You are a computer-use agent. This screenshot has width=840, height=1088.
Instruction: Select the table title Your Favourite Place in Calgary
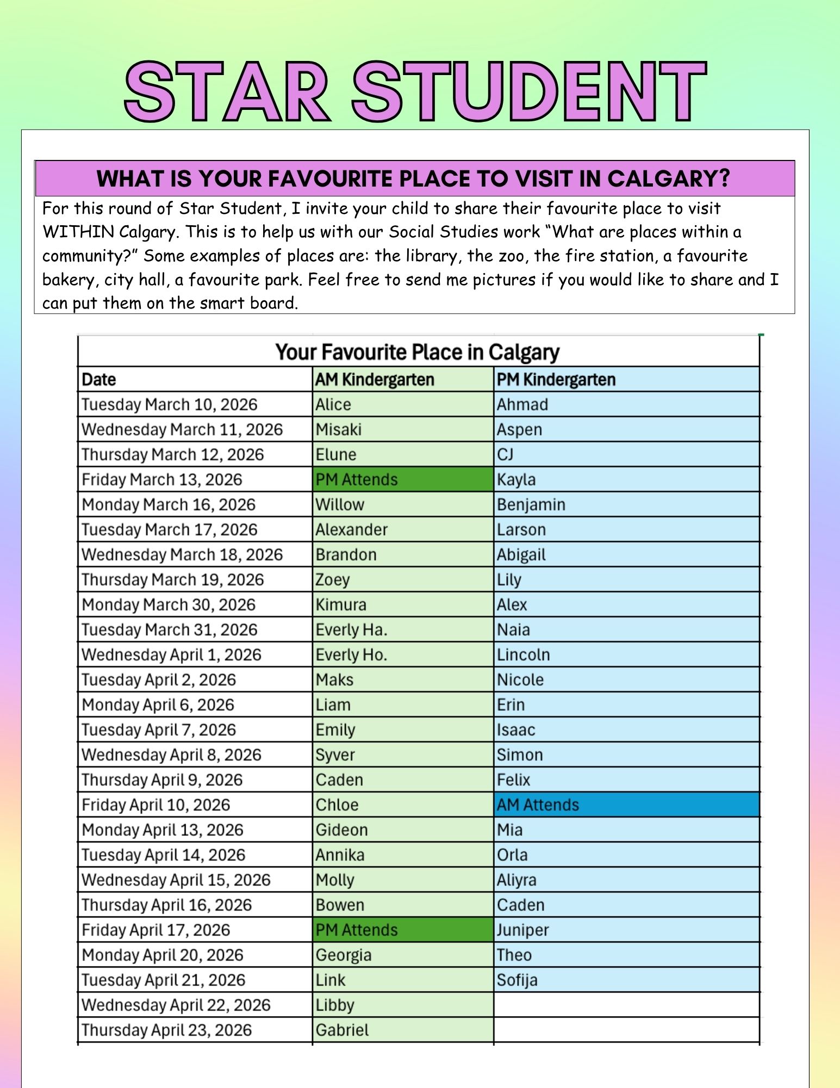pos(417,352)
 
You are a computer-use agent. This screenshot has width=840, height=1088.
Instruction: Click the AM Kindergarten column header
pos(375,379)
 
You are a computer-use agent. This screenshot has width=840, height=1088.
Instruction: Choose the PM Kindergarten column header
pos(556,379)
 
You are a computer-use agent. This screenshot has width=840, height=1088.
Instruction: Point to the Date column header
pos(99,379)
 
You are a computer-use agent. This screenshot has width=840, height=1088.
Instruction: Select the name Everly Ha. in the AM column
pos(351,629)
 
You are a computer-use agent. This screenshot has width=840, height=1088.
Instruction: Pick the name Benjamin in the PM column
pos(531,504)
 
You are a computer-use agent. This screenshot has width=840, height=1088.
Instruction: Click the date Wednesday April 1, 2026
pos(171,654)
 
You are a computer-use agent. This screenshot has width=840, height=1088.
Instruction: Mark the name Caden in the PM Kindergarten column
pos(521,905)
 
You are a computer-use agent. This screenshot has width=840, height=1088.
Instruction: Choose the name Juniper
pos(522,930)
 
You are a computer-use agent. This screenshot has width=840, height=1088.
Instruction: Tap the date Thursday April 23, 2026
pos(166,1030)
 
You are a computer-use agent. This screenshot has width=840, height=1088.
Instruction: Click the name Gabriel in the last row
pos(342,1030)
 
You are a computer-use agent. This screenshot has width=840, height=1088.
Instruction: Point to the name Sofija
pos(517,980)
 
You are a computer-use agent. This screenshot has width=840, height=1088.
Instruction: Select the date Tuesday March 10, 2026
pos(169,404)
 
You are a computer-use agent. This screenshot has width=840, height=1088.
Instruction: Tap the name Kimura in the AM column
pos(341,604)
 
